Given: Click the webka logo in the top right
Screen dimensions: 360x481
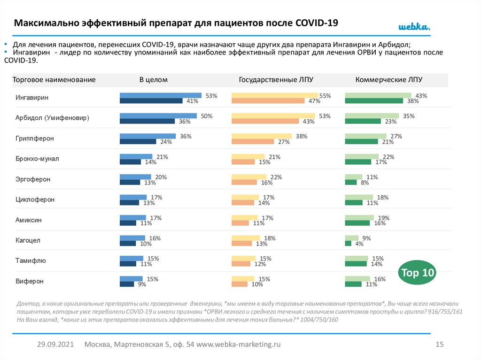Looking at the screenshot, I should (x=414, y=27).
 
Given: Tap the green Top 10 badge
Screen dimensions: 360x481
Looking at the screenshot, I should (x=417, y=273).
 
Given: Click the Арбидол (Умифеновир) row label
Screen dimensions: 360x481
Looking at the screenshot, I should (x=52, y=118).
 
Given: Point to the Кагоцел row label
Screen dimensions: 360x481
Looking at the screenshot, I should (x=28, y=240).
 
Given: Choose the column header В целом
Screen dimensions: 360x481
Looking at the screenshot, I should (x=153, y=80).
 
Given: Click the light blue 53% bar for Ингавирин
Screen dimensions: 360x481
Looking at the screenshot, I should (x=161, y=95).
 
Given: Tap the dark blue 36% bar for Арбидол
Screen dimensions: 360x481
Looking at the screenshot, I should (x=147, y=121).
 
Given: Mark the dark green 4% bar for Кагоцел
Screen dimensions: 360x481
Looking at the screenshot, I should (x=348, y=244).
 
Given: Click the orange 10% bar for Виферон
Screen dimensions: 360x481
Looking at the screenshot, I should (x=240, y=284).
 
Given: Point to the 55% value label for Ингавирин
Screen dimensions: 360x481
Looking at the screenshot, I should (x=325, y=96).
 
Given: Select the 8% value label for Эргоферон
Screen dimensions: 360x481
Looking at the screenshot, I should (x=365, y=183).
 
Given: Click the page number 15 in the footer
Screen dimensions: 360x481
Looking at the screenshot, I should (x=440, y=345).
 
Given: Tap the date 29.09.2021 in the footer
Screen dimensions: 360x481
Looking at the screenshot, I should (x=55, y=345).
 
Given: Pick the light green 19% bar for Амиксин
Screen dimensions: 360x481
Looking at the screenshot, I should (x=359, y=217).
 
